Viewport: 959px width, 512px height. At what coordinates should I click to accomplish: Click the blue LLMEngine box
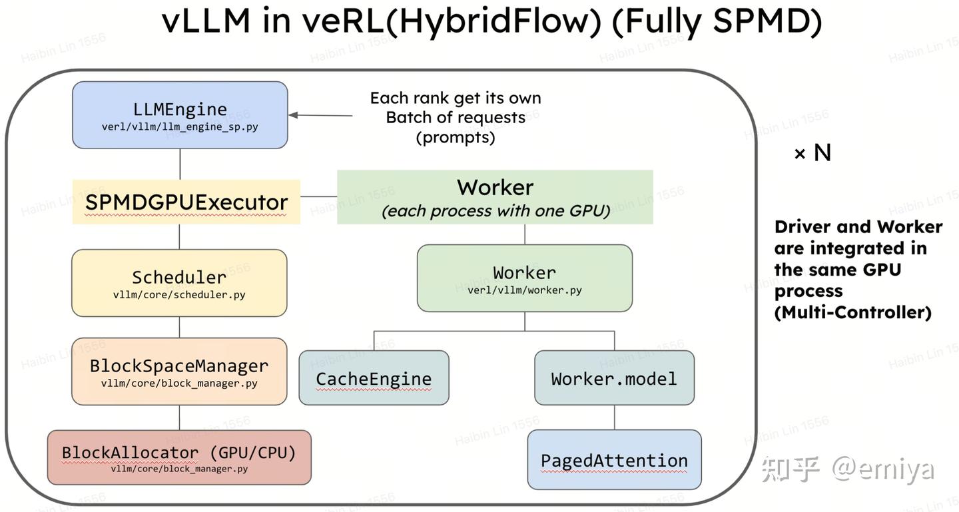[x=180, y=115]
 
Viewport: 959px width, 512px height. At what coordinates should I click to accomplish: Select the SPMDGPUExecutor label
[x=186, y=202]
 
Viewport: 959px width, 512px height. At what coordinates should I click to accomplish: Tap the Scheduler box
[x=179, y=282]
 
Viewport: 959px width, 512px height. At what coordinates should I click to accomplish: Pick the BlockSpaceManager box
[x=179, y=372]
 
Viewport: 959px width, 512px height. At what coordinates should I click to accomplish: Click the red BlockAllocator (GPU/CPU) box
[x=179, y=457]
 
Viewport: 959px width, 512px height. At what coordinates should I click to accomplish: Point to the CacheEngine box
[x=374, y=378]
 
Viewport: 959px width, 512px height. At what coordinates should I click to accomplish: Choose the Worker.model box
[x=614, y=378]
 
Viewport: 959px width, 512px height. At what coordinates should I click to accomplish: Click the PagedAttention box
[x=614, y=460]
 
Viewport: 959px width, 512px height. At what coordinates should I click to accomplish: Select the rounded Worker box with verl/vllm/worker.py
[x=525, y=278]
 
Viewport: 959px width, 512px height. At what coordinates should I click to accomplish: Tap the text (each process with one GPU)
[x=495, y=211]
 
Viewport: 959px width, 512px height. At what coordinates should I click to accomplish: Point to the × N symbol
[x=812, y=153]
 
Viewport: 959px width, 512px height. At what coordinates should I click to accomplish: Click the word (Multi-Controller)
[x=852, y=312]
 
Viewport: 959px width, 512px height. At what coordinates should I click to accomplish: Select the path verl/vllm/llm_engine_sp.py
[x=180, y=127]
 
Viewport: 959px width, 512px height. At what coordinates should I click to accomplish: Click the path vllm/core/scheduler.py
[x=179, y=294]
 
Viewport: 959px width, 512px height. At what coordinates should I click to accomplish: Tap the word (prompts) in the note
[x=456, y=137]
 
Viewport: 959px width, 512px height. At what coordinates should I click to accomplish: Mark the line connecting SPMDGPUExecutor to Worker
[x=318, y=196]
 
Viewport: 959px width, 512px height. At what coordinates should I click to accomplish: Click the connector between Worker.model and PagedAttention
[x=614, y=417]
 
